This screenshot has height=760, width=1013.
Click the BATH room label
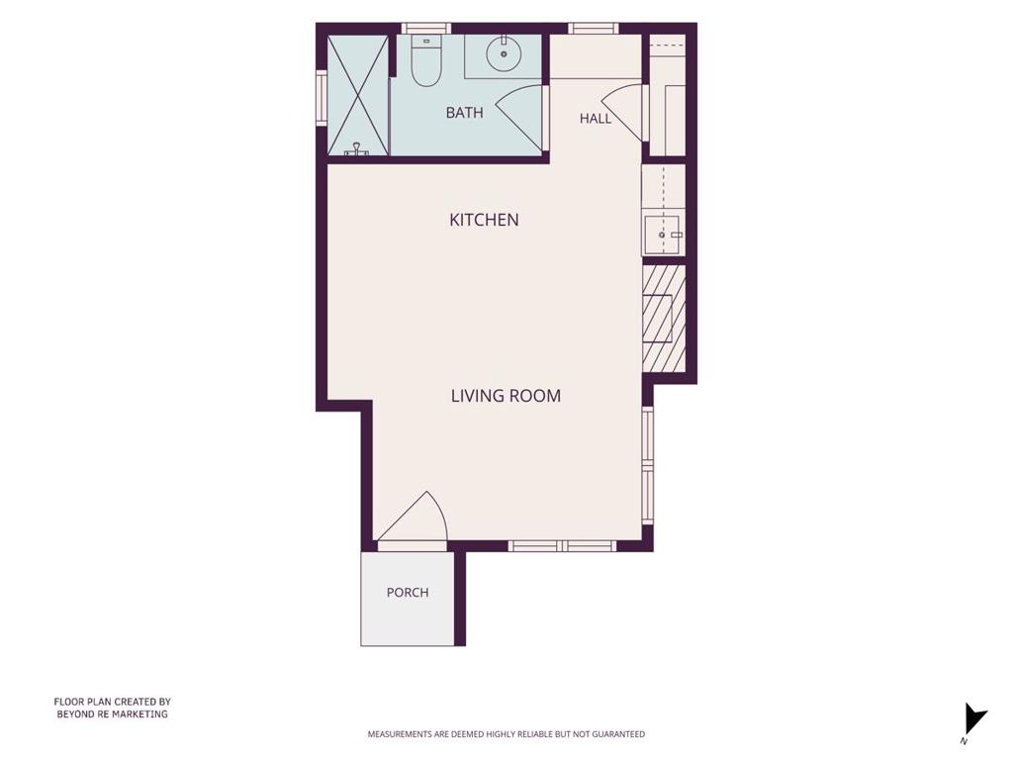click(x=465, y=113)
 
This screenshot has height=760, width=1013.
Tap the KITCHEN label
click(x=484, y=220)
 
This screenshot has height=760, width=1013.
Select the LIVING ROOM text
click(x=506, y=396)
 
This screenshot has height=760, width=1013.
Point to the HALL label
click(x=595, y=119)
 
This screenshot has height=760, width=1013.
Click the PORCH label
click(x=408, y=592)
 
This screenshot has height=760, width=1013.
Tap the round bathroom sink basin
click(x=504, y=53)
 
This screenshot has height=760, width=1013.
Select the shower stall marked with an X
click(x=358, y=96)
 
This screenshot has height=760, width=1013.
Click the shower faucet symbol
click(x=356, y=149)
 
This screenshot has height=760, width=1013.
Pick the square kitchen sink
click(x=664, y=235)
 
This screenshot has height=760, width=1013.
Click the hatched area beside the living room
click(x=664, y=319)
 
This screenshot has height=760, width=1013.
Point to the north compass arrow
click(x=974, y=719)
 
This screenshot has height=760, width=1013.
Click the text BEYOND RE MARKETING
click(x=113, y=714)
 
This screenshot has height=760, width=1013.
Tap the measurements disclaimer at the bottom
click(x=506, y=734)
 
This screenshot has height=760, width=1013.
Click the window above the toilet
click(x=425, y=29)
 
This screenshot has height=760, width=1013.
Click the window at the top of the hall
click(x=594, y=29)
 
